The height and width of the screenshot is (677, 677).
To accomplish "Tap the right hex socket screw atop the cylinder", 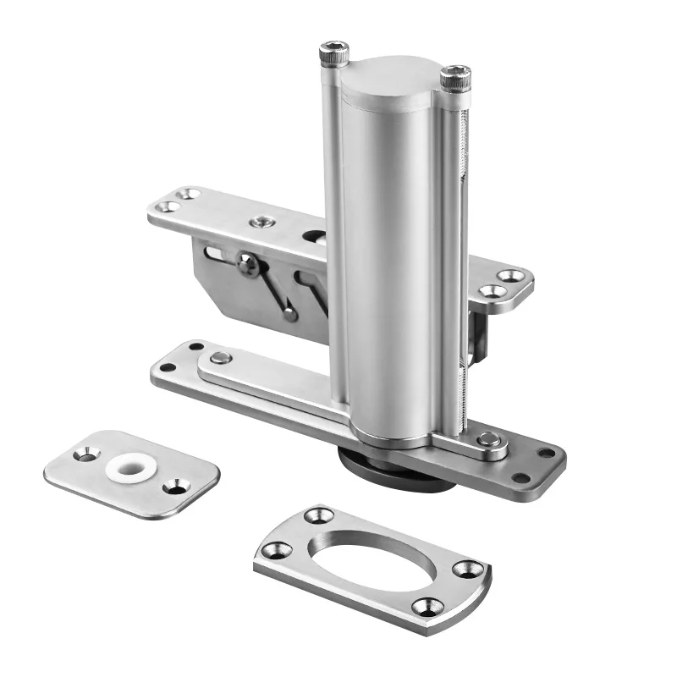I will point(454,79).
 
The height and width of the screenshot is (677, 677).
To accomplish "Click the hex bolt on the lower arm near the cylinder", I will point(487,439).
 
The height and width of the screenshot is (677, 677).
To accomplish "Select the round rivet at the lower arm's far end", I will point(222,358).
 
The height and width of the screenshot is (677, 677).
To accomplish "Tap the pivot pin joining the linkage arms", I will point(248,265).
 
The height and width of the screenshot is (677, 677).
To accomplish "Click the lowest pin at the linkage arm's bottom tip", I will point(290,315).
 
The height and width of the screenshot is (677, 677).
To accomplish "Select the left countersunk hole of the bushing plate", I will point(86,455).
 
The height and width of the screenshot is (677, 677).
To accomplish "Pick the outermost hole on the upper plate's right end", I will point(510,276).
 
